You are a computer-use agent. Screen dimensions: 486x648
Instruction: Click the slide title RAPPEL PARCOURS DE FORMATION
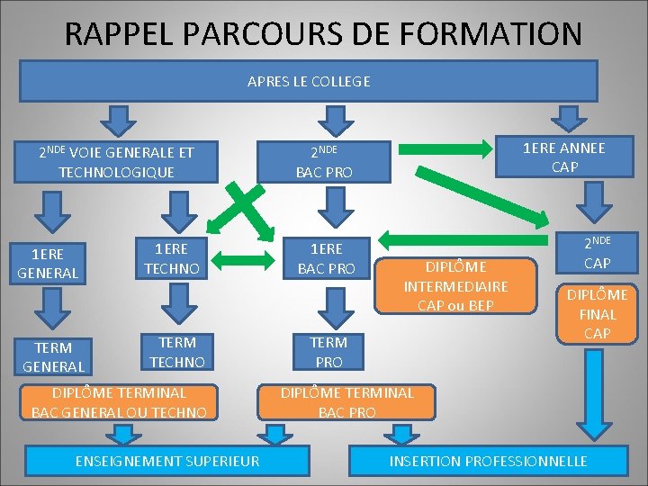click(x=324, y=34)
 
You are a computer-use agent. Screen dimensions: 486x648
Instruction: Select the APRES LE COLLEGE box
click(x=309, y=81)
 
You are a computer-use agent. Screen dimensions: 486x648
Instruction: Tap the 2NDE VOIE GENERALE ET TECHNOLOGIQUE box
click(x=116, y=161)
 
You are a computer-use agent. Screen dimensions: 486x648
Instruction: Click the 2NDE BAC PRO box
click(x=331, y=161)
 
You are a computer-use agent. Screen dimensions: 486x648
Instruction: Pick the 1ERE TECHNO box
click(x=171, y=256)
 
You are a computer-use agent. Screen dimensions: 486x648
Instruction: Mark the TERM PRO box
click(x=328, y=351)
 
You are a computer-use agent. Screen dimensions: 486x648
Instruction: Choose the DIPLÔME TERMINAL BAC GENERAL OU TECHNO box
click(x=120, y=402)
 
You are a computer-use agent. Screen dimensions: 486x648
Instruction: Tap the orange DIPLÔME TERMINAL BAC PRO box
click(x=347, y=402)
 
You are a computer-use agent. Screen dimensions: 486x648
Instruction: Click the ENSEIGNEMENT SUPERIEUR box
click(x=156, y=461)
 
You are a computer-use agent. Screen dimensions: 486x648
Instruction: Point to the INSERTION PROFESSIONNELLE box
click(x=488, y=461)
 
